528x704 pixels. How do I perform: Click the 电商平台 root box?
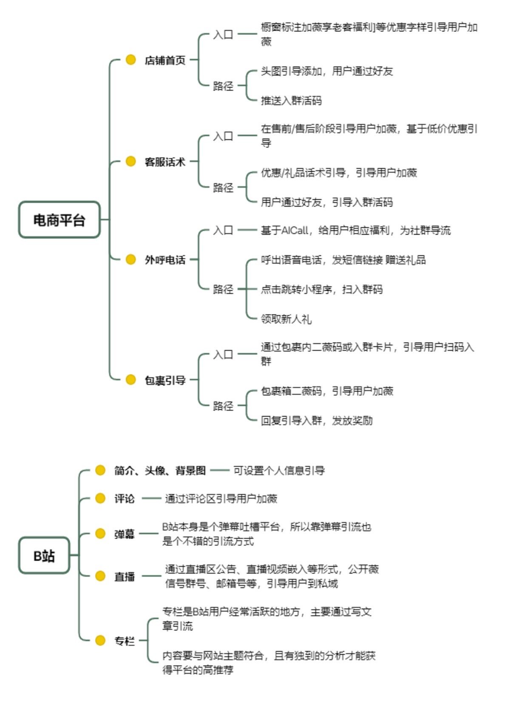[59, 220]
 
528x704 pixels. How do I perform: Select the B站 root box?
[44, 555]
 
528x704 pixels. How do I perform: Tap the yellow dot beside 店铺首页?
[131, 60]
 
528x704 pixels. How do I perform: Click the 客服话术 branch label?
[165, 162]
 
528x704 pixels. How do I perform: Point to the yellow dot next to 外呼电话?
[131, 259]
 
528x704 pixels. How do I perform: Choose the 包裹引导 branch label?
[165, 380]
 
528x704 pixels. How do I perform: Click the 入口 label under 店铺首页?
[223, 34]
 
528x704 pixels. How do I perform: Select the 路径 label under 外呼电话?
[223, 290]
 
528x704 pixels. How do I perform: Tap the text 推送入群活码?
[291, 101]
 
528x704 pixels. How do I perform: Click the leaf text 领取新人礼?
[286, 319]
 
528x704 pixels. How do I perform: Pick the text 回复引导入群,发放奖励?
[317, 421]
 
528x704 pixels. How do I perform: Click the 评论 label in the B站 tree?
[124, 499]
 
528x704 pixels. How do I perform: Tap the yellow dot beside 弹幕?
[100, 534]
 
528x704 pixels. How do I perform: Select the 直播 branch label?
[124, 576]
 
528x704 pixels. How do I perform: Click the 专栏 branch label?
[124, 641]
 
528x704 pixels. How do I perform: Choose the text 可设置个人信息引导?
[279, 471]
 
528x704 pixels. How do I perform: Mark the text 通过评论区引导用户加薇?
[221, 499]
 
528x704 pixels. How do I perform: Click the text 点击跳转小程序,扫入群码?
[322, 290]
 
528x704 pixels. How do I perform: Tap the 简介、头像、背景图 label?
[160, 471]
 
